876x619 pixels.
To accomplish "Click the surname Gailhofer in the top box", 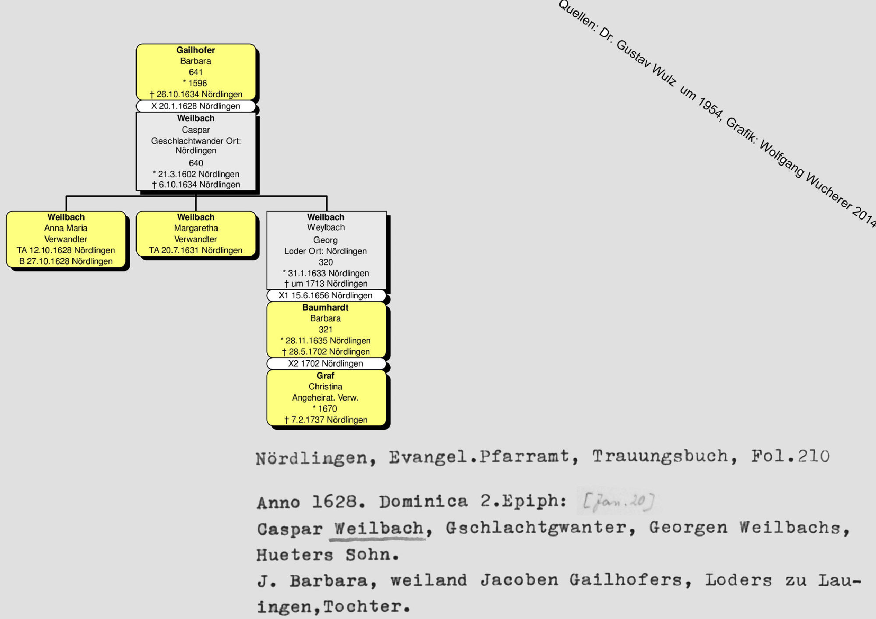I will pos(195,50).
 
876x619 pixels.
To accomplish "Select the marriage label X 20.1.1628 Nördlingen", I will pos(195,106).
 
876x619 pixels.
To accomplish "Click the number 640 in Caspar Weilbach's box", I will pos(196,163).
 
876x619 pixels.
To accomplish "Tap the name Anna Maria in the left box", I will pos(66,228).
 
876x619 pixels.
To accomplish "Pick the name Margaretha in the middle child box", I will pos(196,228).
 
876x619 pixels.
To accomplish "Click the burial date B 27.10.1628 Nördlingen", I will pos(66,261).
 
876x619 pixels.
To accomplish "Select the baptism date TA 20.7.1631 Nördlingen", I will pos(195,250).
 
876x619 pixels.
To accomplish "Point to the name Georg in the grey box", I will pos(325,240).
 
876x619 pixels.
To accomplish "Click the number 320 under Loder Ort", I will pos(325,262).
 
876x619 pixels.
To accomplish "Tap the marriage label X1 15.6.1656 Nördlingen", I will pos(325,295).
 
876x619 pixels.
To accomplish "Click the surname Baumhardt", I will pos(325,307).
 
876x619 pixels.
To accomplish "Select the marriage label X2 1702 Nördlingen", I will pos(325,363).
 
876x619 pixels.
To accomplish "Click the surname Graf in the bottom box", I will pos(325,376).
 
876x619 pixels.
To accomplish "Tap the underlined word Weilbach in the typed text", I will pos(379,528).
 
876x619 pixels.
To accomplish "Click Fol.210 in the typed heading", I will pos(790,456).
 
